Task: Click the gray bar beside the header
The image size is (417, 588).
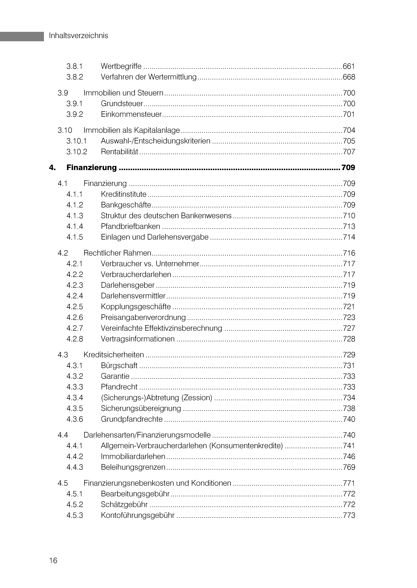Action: click(22, 36)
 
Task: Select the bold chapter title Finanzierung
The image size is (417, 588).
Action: click(91, 168)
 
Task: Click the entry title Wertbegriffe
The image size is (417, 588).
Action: click(121, 66)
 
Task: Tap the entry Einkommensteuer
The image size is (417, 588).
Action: click(131, 114)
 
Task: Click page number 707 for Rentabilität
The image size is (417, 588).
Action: click(349, 152)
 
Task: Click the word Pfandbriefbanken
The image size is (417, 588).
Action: click(130, 226)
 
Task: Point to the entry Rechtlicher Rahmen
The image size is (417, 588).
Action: click(117, 253)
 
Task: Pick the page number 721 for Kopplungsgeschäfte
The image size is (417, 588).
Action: click(349, 307)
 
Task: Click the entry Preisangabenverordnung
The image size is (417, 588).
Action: click(143, 317)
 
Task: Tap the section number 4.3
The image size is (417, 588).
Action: click(63, 355)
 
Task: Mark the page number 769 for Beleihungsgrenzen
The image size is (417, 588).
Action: click(349, 467)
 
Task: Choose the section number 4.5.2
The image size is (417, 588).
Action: click(75, 505)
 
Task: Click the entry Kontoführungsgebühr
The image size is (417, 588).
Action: click(138, 515)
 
